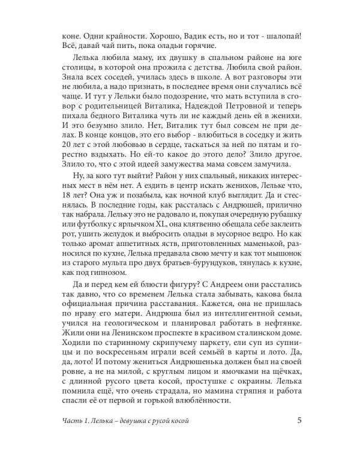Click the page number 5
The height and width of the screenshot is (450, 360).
[299, 419]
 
